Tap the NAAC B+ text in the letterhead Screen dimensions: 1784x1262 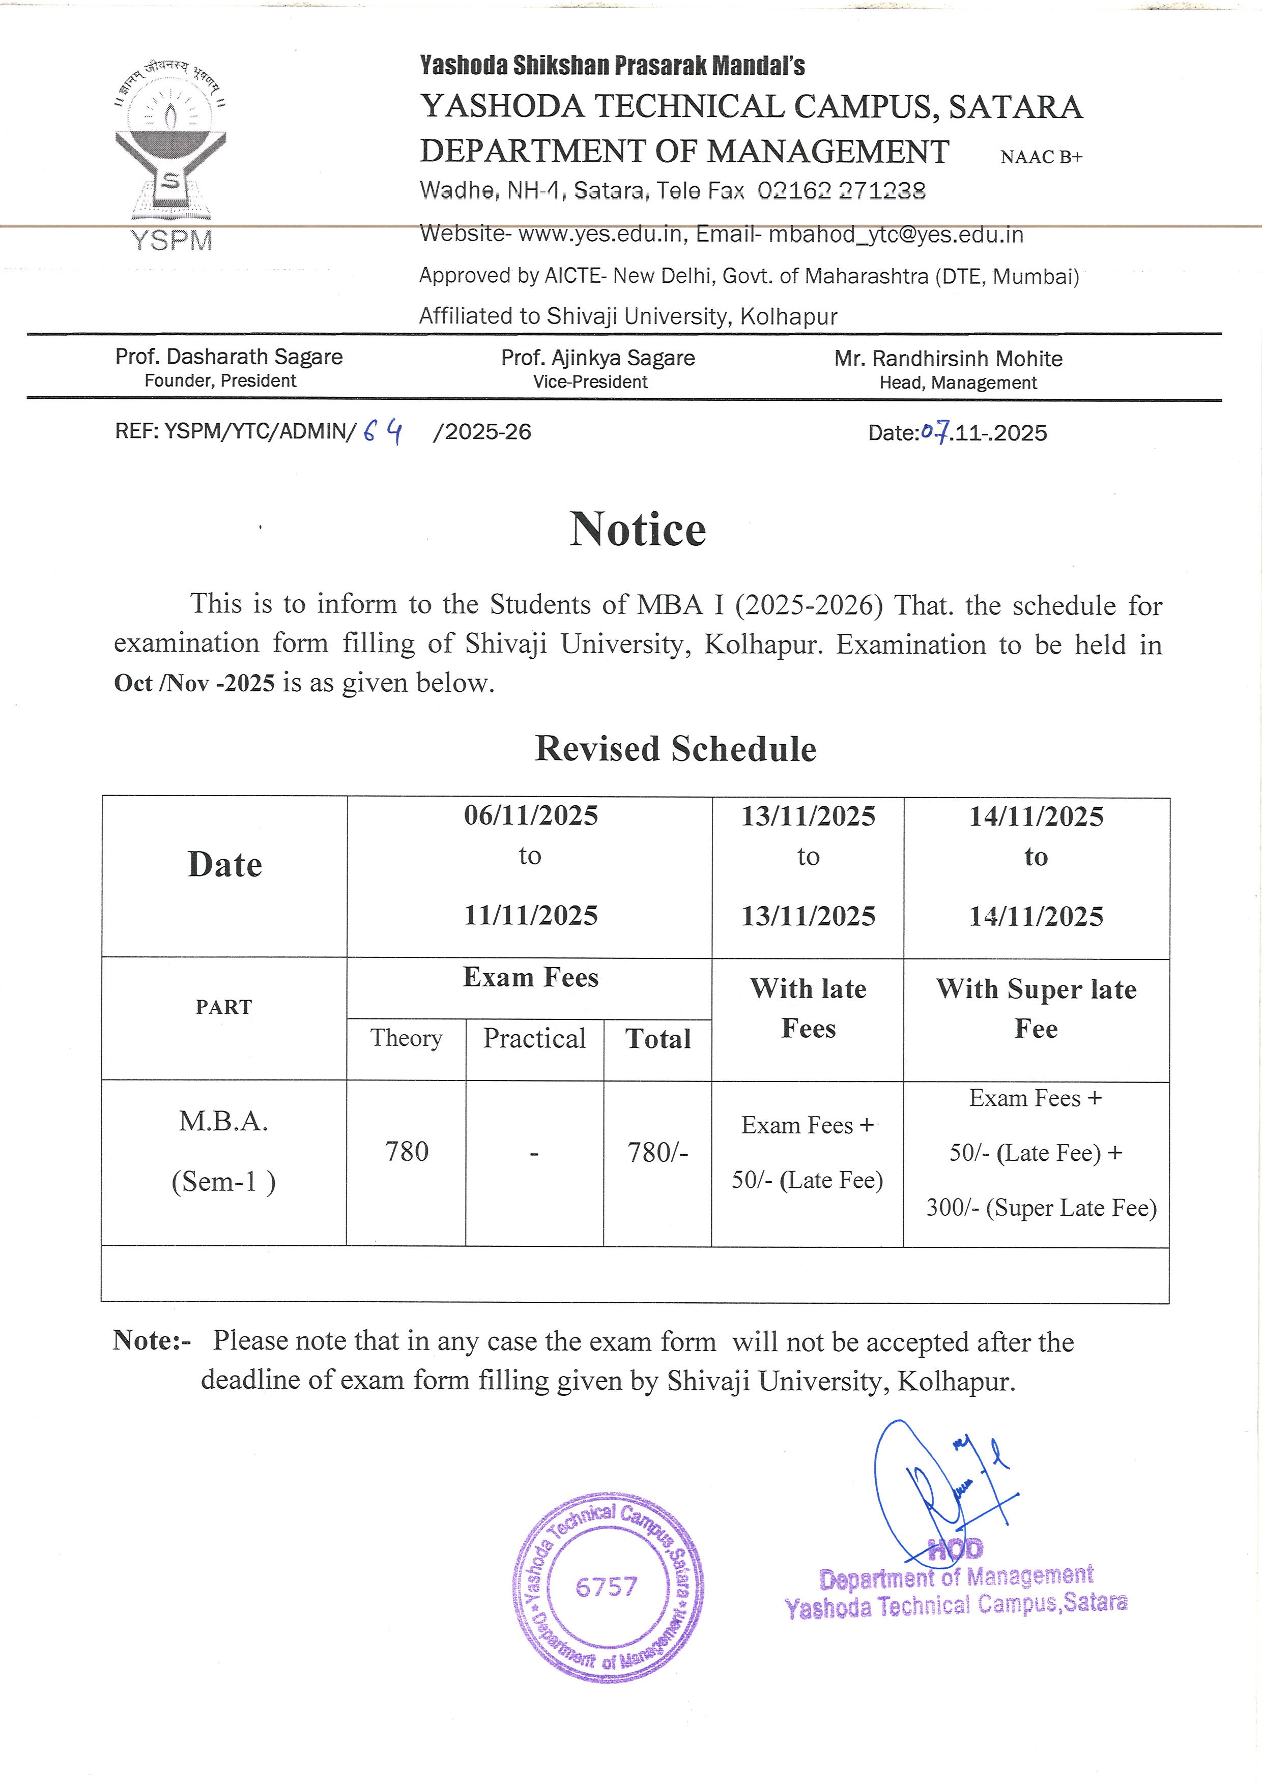click(1041, 157)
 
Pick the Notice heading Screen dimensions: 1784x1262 click(638, 530)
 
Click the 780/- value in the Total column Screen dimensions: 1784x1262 click(657, 1152)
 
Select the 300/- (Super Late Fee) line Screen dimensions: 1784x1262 click(1041, 1208)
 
